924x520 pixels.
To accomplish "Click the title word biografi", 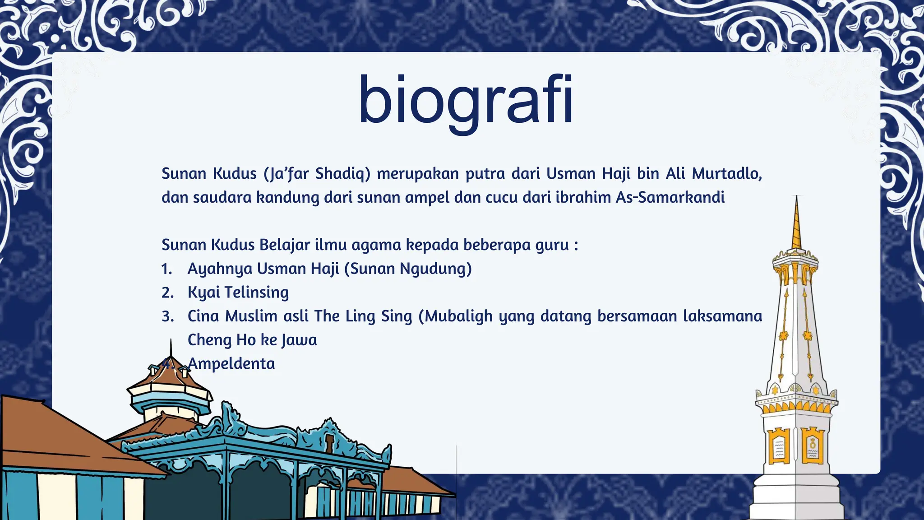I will [x=466, y=100].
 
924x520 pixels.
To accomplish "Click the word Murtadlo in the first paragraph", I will [x=727, y=173].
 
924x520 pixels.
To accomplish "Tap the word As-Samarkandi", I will [x=670, y=197].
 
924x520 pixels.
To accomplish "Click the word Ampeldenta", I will [x=231, y=363].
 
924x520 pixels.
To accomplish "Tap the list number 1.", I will [x=166, y=269].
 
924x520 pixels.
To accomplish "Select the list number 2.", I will [x=167, y=292].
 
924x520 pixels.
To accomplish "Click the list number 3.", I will [x=167, y=316].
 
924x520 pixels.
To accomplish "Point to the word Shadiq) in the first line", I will [x=342, y=173].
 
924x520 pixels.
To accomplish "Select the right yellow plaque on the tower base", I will [x=813, y=446].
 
